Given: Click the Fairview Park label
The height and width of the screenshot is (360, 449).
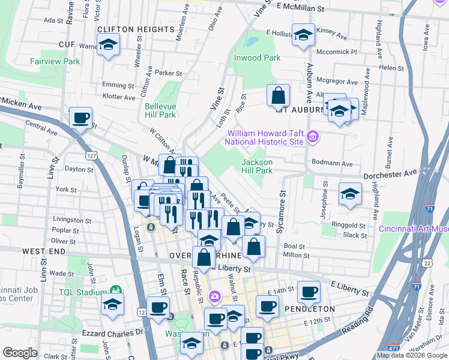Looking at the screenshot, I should (x=55, y=61).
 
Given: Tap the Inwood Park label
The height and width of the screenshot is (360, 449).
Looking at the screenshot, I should (x=258, y=58).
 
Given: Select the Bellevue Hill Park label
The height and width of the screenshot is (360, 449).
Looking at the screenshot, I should (x=160, y=110).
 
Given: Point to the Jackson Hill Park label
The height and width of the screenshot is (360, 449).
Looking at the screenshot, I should (x=257, y=166).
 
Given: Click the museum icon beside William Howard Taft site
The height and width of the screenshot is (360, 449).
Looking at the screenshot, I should (x=312, y=137).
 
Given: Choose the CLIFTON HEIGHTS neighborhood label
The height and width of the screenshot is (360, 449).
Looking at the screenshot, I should (x=135, y=29).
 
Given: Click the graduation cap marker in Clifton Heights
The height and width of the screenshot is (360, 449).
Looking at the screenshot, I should (x=108, y=44).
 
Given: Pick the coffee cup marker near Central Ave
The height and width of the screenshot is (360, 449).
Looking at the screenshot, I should (x=80, y=118).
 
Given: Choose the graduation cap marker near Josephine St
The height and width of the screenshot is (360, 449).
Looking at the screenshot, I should (x=350, y=193).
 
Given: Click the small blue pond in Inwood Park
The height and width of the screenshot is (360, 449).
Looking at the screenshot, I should (x=252, y=43).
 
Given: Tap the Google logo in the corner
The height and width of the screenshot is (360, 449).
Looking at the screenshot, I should (x=20, y=353).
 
